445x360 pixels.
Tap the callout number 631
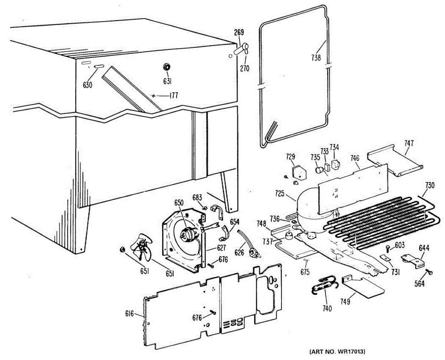167,80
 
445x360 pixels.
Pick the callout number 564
420,284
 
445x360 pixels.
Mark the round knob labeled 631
167,67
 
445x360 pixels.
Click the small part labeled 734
336,164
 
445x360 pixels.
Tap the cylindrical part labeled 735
319,171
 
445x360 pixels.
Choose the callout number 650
179,203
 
